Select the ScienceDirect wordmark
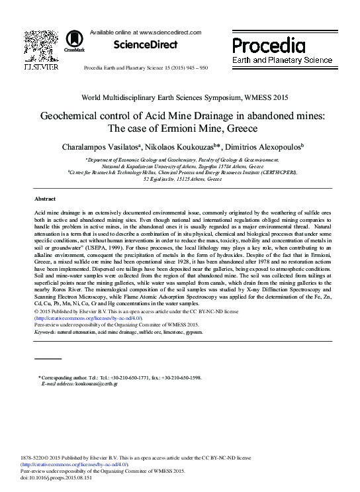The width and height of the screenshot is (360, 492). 146,45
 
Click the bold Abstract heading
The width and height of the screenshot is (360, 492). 45,199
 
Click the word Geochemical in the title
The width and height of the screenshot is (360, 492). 77,115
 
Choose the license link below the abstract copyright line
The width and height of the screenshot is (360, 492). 88,318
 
